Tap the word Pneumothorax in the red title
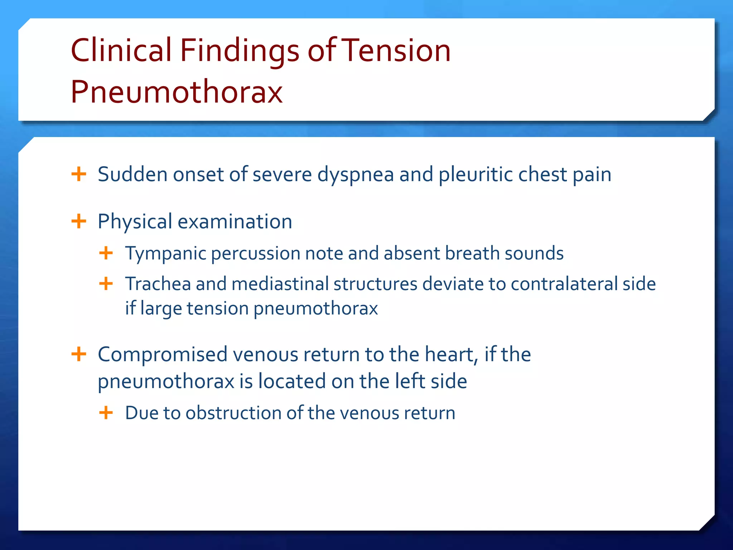176,92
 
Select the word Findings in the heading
239,51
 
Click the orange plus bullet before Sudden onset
79,174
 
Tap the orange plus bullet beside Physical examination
79,221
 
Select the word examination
235,222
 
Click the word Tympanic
166,254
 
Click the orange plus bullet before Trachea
106,284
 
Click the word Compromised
163,355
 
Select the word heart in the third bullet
451,354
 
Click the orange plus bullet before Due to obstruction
106,413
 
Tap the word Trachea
158,284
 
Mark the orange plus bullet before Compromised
79,354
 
